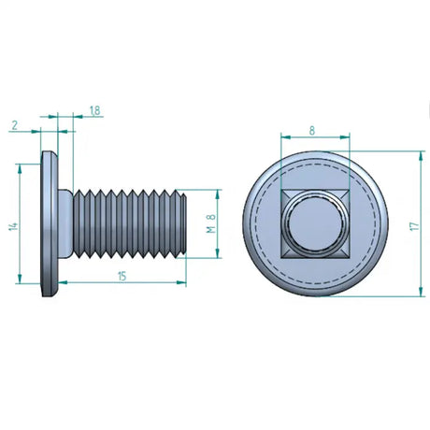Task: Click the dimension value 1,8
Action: (x=94, y=110)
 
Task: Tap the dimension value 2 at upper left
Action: (x=15, y=125)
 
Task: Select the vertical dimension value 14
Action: (x=13, y=226)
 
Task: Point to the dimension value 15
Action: (x=122, y=276)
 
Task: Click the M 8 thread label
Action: (x=211, y=223)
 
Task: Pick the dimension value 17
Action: (x=414, y=226)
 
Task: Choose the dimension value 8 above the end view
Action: (x=312, y=131)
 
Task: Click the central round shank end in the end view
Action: (x=315, y=223)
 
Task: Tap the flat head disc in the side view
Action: (x=50, y=223)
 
